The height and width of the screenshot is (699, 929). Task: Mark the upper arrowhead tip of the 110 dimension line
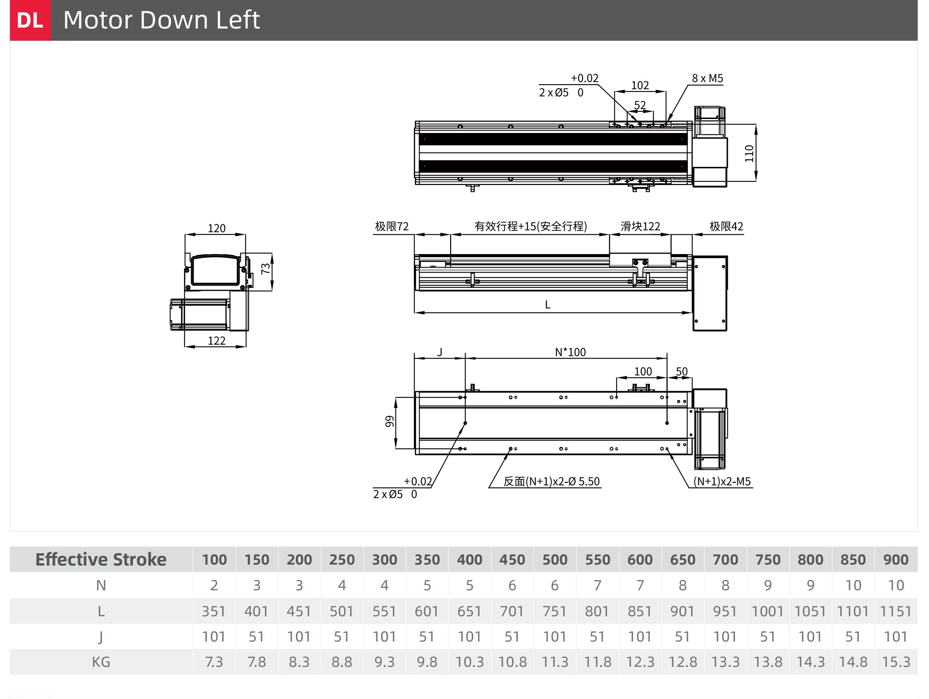point(756,125)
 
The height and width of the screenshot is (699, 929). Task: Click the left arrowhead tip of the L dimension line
point(415,312)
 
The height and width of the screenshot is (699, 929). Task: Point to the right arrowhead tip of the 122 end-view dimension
point(246,347)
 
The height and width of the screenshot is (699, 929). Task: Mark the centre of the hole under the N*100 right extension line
point(667,423)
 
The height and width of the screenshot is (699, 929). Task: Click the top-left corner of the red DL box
point(10,0)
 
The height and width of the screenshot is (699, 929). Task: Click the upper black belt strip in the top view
point(553,139)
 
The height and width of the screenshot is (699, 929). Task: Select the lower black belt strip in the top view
point(553,166)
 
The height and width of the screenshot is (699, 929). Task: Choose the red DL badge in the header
point(30,20)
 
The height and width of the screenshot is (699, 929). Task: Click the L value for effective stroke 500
point(554,611)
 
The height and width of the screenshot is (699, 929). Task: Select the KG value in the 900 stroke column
point(896,662)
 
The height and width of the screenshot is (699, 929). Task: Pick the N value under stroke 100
point(214,585)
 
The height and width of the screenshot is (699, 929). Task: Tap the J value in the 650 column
point(682,637)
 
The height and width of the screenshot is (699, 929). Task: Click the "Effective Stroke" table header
point(101,559)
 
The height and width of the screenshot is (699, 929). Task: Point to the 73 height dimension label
point(266,269)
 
